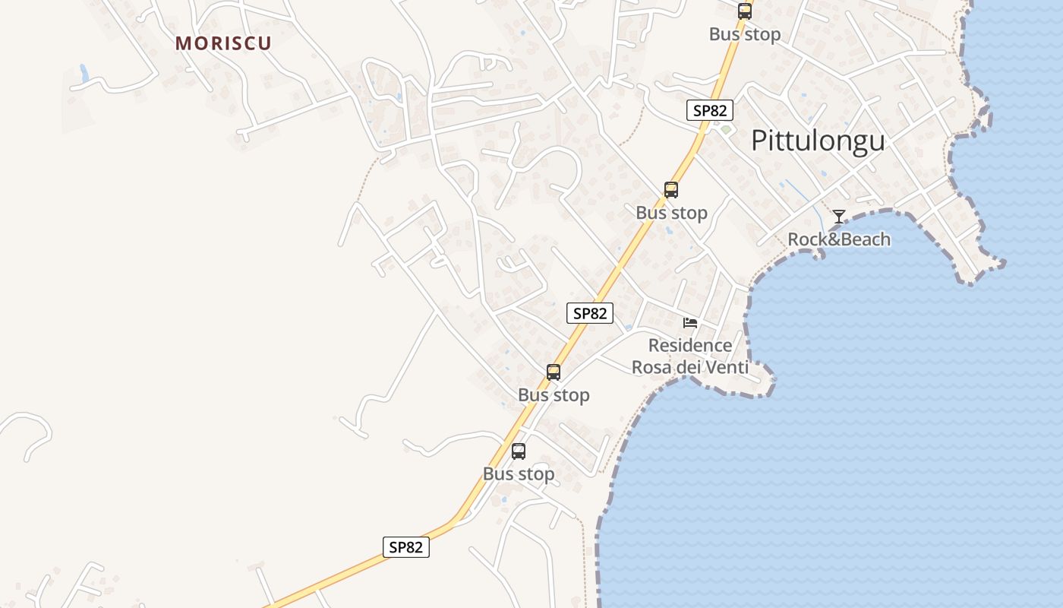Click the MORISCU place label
[223, 43]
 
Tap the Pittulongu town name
[818, 141]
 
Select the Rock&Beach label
[838, 239]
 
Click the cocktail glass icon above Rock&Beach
[838, 217]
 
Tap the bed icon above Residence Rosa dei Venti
[690, 323]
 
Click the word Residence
[690, 346]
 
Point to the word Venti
[727, 369]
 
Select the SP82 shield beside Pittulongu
[710, 110]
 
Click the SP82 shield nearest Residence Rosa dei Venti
[589, 313]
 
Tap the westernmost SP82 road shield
[405, 546]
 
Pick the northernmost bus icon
[744, 11]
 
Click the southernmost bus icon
[519, 451]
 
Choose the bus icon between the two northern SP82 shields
[671, 190]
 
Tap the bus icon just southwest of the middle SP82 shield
[554, 372]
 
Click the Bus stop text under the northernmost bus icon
[744, 34]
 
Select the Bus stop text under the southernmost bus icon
[519, 474]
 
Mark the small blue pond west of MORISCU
[84, 73]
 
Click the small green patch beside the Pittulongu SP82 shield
[726, 130]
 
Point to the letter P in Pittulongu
[759, 141]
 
